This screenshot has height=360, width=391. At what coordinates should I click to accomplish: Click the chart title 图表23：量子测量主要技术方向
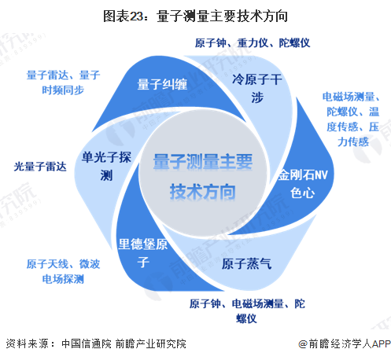[x=196, y=17]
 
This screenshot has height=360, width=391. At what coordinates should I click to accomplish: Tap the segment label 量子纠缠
[x=162, y=84]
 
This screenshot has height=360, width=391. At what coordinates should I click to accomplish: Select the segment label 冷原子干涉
[x=256, y=89]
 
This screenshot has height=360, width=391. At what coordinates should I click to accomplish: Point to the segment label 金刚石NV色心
[x=303, y=184]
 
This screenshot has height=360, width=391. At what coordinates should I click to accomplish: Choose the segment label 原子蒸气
[x=246, y=263]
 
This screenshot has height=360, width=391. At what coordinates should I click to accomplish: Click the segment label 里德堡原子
[x=143, y=253]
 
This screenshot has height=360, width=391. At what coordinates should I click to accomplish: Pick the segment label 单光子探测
[x=106, y=167]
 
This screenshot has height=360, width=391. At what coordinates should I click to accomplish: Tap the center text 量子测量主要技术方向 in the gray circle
[x=203, y=177]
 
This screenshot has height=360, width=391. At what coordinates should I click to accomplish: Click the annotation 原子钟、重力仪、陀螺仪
[x=253, y=43]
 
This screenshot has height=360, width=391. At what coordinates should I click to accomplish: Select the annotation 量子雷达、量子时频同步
[x=63, y=83]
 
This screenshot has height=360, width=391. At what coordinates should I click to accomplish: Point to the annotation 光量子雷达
[x=40, y=167]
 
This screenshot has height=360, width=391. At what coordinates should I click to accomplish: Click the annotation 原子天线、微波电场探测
[x=63, y=271]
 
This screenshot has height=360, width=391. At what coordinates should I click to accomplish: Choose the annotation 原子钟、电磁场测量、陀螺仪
[x=247, y=311]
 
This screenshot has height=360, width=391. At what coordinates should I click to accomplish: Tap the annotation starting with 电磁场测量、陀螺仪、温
[x=351, y=119]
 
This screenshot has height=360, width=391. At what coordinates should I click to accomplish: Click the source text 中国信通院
[x=87, y=343]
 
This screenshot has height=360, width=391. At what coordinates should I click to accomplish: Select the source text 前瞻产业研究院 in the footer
[x=151, y=343]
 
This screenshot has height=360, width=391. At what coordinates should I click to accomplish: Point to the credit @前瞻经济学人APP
[x=345, y=343]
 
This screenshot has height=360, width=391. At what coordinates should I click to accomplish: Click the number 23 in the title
[x=136, y=17]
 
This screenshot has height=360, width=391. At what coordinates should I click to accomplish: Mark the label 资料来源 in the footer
[x=27, y=343]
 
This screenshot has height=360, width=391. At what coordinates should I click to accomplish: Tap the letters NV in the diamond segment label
[x=321, y=174]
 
